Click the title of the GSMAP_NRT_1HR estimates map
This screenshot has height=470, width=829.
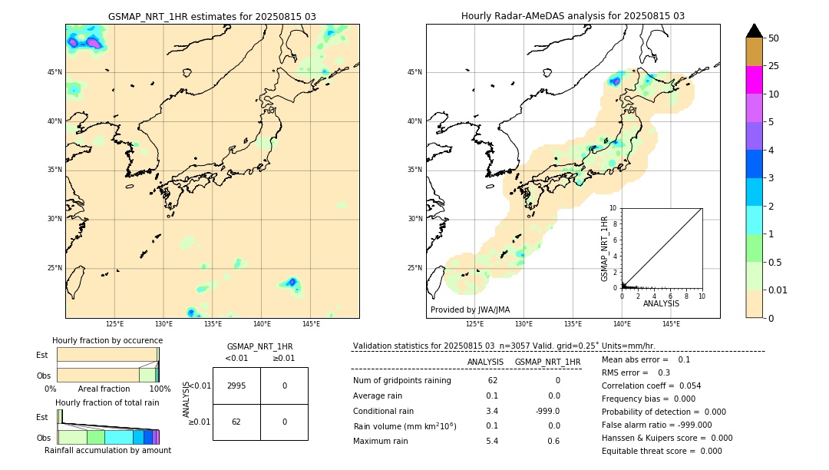tap(212, 16)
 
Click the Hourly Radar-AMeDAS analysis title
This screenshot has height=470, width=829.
tap(573, 16)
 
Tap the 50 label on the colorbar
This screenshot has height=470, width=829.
tap(774, 38)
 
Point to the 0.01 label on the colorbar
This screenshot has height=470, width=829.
tap(778, 290)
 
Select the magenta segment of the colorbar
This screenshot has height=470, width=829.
tap(754, 80)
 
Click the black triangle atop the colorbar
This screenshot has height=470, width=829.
tap(754, 31)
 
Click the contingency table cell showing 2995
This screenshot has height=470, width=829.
tap(236, 386)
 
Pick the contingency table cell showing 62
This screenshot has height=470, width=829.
tap(236, 422)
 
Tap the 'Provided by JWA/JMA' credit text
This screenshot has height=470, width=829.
tap(470, 309)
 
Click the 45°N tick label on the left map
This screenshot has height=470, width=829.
tap(54, 72)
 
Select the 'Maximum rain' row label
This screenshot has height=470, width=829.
tap(385, 441)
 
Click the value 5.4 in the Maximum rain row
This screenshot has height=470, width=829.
tap(492, 441)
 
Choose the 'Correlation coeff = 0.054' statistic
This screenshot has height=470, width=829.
tap(651, 386)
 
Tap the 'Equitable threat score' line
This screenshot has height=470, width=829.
tap(662, 451)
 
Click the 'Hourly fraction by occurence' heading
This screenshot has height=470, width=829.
tap(107, 340)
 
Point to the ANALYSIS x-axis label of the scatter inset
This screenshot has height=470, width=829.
tap(661, 303)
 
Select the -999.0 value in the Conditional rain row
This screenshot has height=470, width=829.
tap(547, 411)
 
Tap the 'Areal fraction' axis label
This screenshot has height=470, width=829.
tap(104, 389)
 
